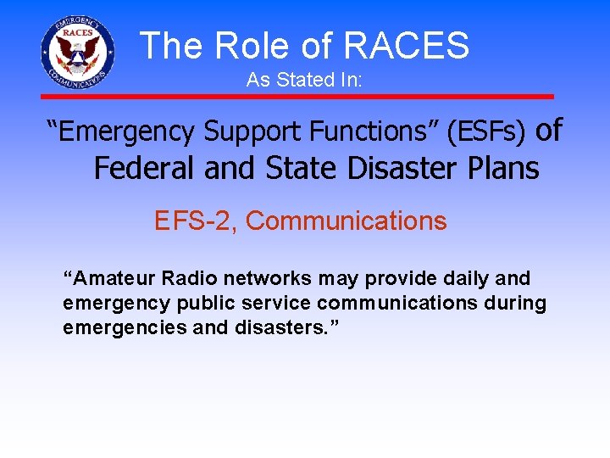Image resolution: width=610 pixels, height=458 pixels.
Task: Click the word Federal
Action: (x=145, y=169)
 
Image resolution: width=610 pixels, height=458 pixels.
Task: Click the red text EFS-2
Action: (x=195, y=221)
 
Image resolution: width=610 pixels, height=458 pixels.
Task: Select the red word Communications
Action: (x=346, y=221)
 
